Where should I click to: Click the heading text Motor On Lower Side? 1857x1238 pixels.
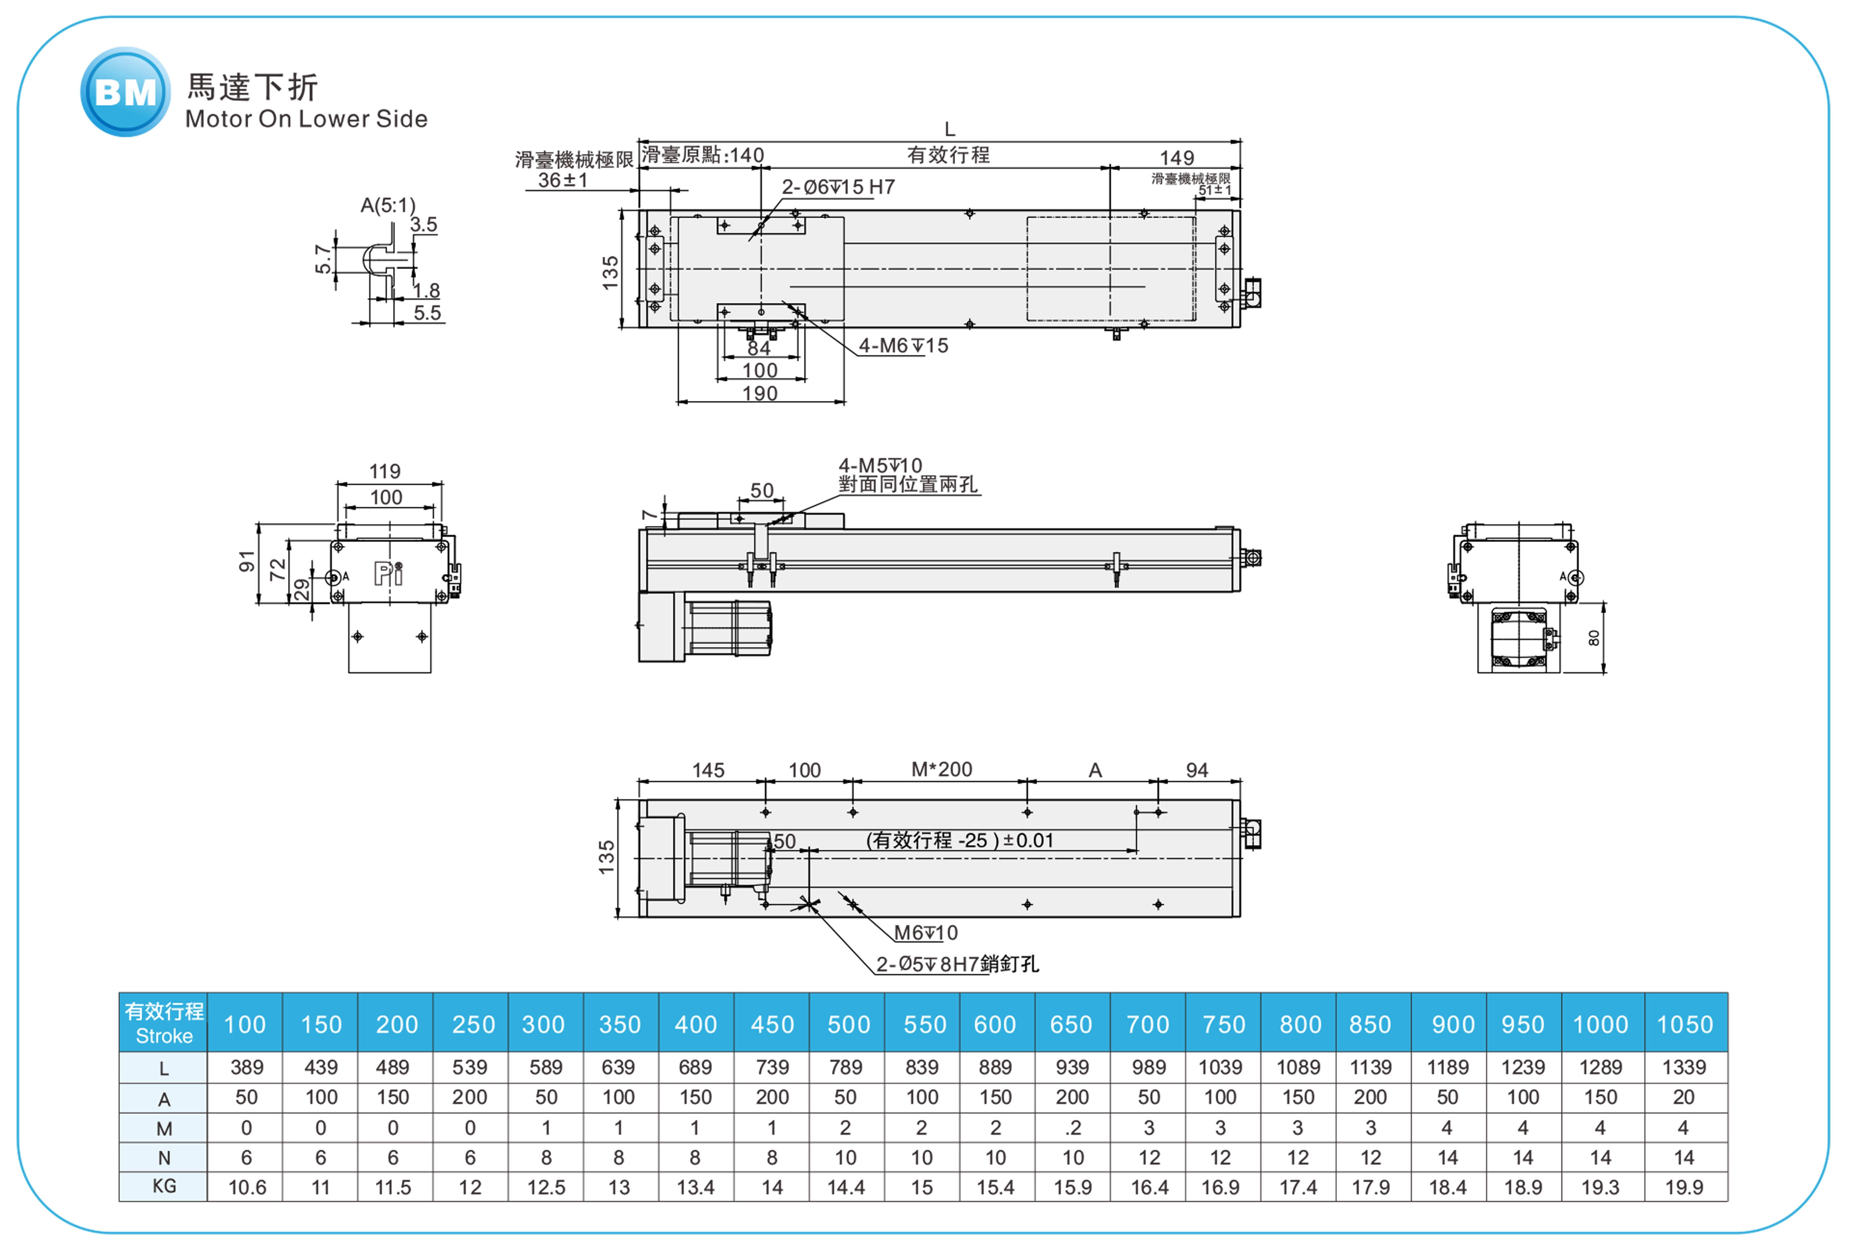click(x=306, y=119)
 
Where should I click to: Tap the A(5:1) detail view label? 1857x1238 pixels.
click(x=387, y=205)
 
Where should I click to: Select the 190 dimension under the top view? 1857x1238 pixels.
click(x=760, y=393)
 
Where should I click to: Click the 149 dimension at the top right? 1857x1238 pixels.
click(x=1176, y=158)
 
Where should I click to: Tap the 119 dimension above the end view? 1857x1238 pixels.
click(x=385, y=471)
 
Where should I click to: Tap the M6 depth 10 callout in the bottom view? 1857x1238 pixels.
click(x=926, y=933)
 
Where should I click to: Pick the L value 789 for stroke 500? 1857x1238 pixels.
click(x=846, y=1067)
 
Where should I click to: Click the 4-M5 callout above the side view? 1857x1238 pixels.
click(x=880, y=466)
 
